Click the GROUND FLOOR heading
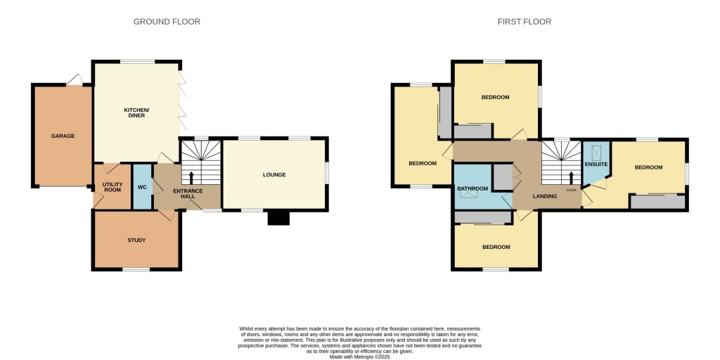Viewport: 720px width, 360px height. (x=167, y=22)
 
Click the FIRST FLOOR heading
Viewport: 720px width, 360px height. (x=524, y=22)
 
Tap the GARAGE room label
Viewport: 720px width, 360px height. (x=63, y=136)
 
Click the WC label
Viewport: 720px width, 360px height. (x=142, y=188)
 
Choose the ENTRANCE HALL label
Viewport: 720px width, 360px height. (x=188, y=193)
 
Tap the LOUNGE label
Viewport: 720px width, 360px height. (x=274, y=174)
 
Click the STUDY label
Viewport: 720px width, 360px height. (x=136, y=240)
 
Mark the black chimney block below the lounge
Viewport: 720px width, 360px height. (x=278, y=218)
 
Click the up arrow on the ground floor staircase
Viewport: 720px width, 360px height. (x=191, y=175)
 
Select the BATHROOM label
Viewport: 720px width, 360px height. (x=472, y=188)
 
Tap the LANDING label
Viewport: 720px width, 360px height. (x=545, y=196)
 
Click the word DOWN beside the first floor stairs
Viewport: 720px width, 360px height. (x=571, y=190)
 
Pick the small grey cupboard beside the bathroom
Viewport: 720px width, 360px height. (x=502, y=176)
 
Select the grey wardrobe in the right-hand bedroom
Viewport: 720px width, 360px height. (x=657, y=202)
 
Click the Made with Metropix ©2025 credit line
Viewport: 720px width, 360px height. (x=360, y=356)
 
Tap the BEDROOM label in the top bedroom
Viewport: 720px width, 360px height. (x=495, y=97)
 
